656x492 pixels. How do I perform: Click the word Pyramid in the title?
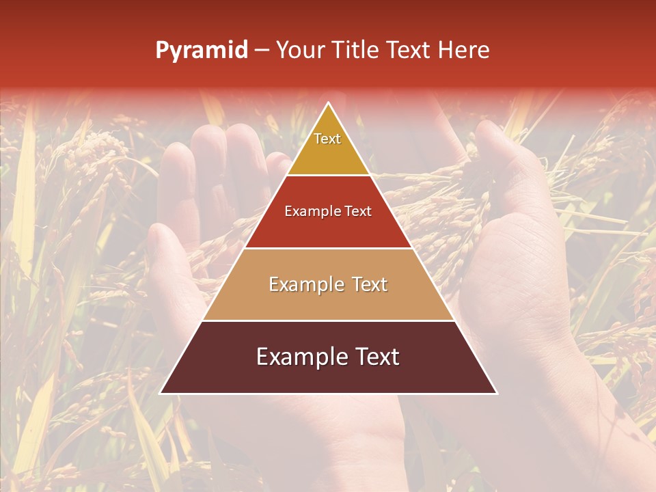tap(202, 51)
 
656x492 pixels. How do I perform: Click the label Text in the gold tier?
tap(327, 139)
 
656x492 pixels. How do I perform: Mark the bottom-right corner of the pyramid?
tap(496, 393)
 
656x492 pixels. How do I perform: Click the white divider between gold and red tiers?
tap(328, 175)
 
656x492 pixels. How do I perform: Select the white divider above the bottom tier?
tap(328, 320)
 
